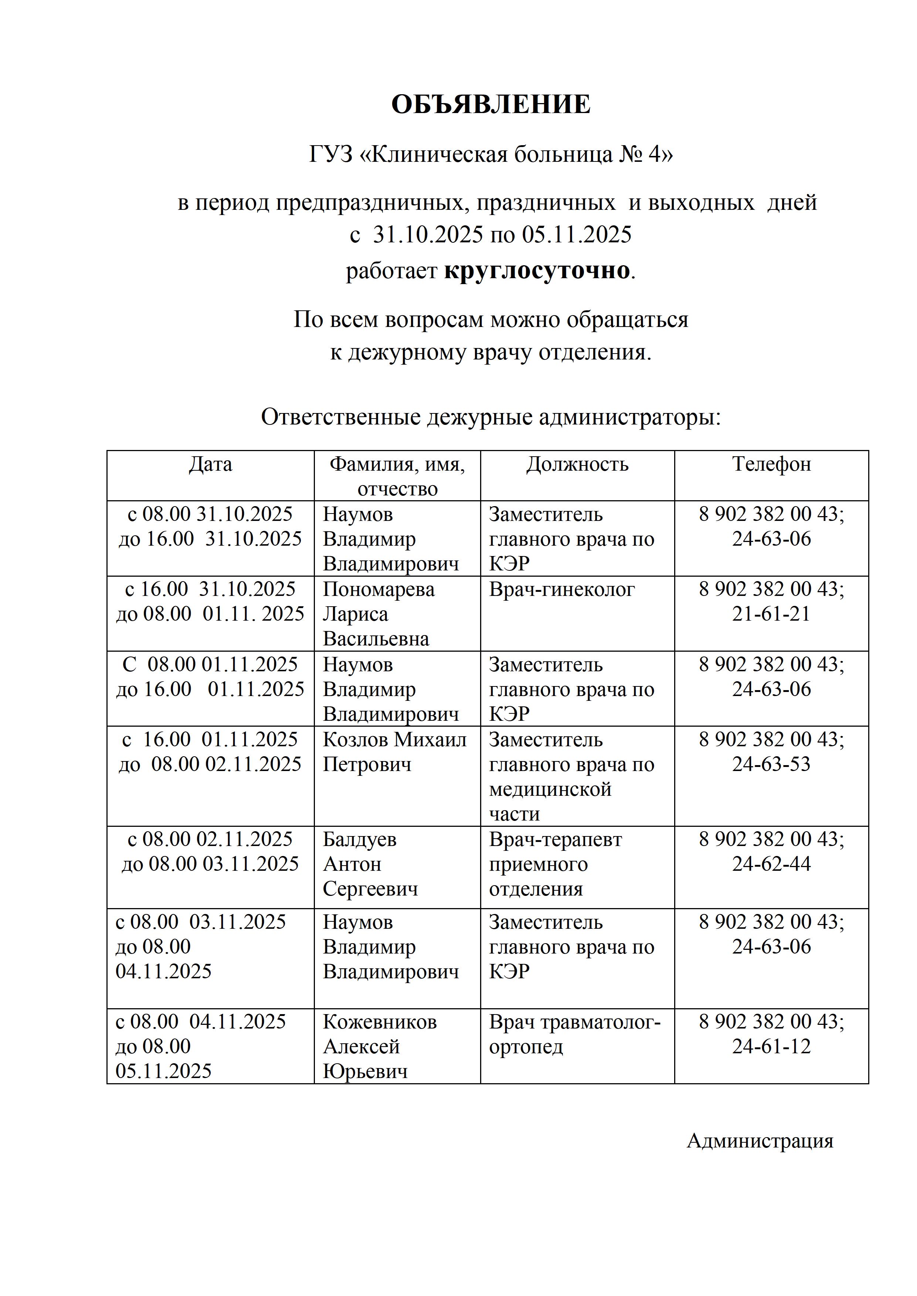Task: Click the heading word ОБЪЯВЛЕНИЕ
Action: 491,105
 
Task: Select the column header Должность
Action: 577,464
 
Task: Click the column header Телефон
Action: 771,464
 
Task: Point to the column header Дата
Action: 210,464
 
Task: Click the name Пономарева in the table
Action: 378,589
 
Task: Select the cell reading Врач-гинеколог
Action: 562,589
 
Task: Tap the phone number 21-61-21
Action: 771,614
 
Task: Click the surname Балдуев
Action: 360,839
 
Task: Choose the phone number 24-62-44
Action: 771,864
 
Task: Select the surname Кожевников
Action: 380,1022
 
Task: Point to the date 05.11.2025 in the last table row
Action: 164,1071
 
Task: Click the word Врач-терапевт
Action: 556,839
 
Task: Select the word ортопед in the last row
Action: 526,1047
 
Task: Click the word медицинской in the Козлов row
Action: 551,789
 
